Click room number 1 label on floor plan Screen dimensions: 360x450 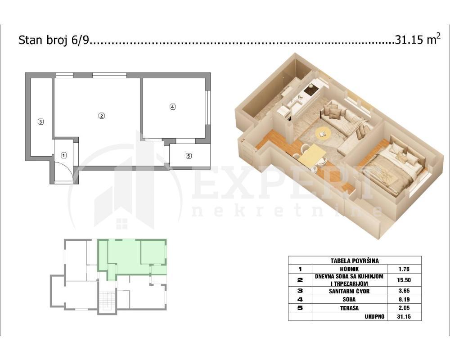tap(64, 155)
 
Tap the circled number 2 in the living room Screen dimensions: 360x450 tap(102, 116)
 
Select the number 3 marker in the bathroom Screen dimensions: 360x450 tap(40, 121)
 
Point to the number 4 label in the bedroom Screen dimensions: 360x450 tap(172, 107)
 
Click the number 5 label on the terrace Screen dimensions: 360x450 tap(189, 156)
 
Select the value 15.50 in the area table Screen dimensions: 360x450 tap(404, 280)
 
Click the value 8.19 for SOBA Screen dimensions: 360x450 tap(404, 299)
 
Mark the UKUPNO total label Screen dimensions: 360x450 tap(374, 316)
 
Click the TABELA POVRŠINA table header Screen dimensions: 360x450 tap(355, 261)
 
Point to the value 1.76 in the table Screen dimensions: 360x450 tap(404, 269)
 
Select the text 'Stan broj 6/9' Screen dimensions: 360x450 tap(54, 40)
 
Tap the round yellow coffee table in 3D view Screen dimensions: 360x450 tap(322, 133)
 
